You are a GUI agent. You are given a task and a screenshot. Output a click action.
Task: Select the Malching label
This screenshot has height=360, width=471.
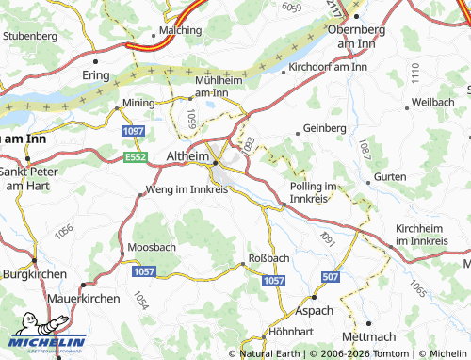155,30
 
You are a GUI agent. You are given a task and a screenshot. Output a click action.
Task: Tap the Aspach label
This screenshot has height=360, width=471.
314,309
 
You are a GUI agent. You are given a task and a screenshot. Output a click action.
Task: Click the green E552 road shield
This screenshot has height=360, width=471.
135,157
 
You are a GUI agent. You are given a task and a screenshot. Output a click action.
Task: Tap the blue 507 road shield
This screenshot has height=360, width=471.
330,276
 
